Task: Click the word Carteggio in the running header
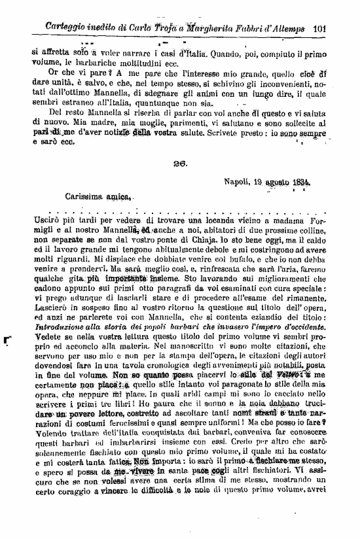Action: click(68, 28)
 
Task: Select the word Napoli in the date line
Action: click(238, 183)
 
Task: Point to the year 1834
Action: click(298, 183)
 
